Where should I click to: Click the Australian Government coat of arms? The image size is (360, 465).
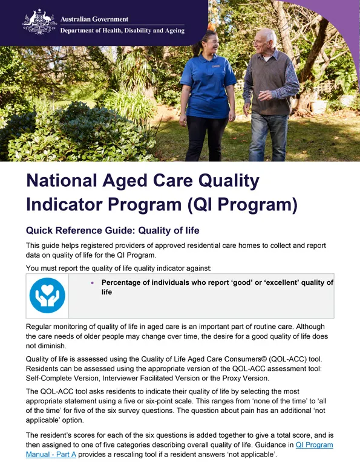click(39, 22)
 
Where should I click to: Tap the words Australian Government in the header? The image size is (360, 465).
click(94, 19)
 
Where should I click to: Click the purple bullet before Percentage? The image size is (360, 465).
click(92, 283)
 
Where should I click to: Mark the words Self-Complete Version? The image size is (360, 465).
click(56, 379)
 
